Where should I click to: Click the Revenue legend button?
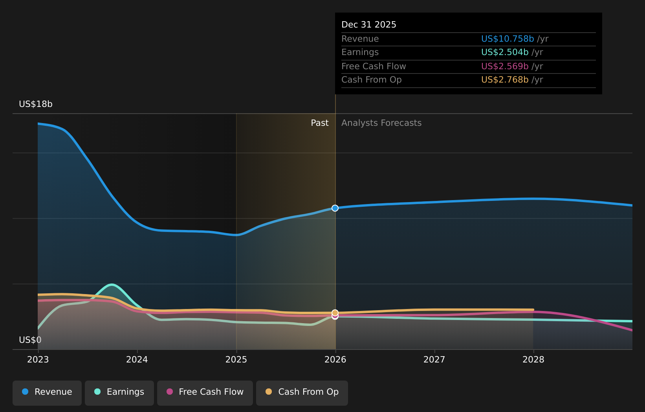coord(47,392)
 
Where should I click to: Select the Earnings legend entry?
coord(119,392)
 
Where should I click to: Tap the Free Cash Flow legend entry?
coord(205,392)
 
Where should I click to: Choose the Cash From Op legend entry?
coord(302,392)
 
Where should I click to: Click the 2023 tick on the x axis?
coord(38,360)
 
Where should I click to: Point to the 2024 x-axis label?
coord(137,360)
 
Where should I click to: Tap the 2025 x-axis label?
coord(236,360)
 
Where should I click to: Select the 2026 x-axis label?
coord(335,360)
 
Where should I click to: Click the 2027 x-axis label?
coord(434,360)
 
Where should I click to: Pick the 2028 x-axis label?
coord(533,360)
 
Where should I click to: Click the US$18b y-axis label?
coord(36,104)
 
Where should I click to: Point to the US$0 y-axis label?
coord(30,340)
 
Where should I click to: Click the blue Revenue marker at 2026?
coord(335,208)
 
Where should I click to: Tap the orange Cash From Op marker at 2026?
coord(335,313)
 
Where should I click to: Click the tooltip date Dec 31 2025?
coord(368,25)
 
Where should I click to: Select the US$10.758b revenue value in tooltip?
coord(507,39)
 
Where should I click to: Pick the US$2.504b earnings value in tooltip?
coord(505,52)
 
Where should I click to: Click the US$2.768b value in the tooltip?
coord(505,80)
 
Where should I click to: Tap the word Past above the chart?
coord(319,123)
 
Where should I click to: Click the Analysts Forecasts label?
coord(381,123)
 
